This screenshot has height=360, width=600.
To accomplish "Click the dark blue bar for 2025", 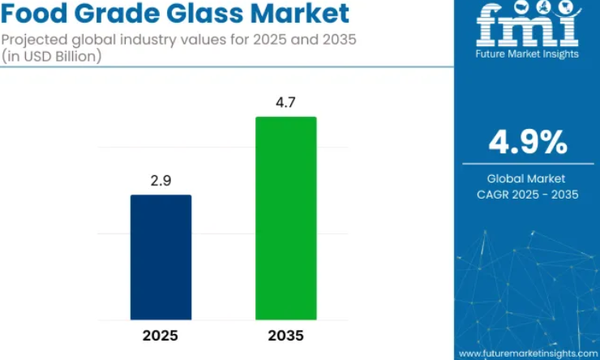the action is (161, 257).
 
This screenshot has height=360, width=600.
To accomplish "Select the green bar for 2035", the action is (286, 218).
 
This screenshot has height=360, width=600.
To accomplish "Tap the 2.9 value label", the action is (161, 181).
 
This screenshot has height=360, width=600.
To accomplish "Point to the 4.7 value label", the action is (286, 102).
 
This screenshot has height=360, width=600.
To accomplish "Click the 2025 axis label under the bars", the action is (161, 336).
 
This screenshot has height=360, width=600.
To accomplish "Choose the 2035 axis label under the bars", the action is (285, 336).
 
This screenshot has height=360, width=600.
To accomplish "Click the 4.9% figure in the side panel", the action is (528, 142).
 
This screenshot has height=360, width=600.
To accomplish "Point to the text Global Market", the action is (526, 178).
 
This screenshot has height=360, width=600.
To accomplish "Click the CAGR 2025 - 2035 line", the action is (528, 195).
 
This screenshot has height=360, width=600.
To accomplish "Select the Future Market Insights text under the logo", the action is (527, 54).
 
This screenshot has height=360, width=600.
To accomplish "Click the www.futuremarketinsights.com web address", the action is (528, 354).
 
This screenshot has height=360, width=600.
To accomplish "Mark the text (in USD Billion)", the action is (51, 56).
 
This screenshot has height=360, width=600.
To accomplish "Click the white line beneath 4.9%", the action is (528, 164).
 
